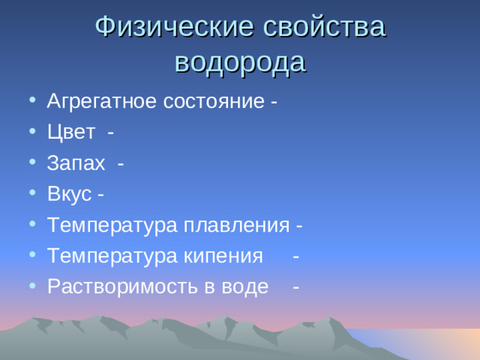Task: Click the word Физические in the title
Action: (x=175, y=27)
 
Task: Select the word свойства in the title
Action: (x=325, y=27)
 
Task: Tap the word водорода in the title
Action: (x=240, y=61)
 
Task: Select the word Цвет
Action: (x=70, y=133)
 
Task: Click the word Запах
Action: (x=76, y=163)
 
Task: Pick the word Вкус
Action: (x=68, y=194)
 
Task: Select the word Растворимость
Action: (x=115, y=286)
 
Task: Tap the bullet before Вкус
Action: (x=30, y=195)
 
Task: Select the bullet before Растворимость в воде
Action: (x=30, y=287)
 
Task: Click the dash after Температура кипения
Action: (x=297, y=256)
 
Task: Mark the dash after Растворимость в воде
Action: (x=297, y=287)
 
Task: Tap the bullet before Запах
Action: (x=30, y=164)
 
